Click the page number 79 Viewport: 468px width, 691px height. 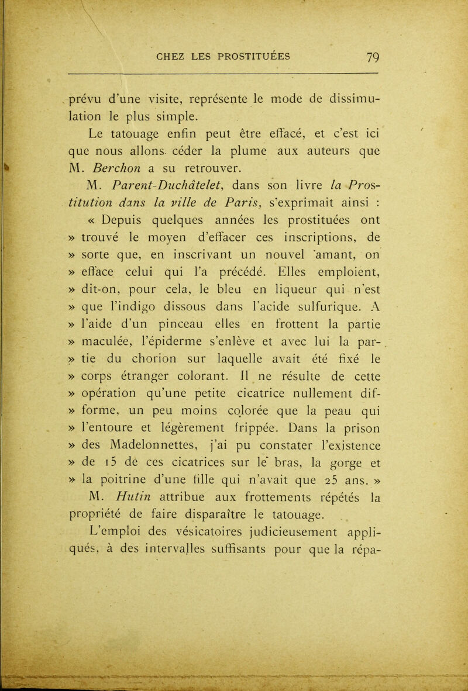(359, 58)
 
